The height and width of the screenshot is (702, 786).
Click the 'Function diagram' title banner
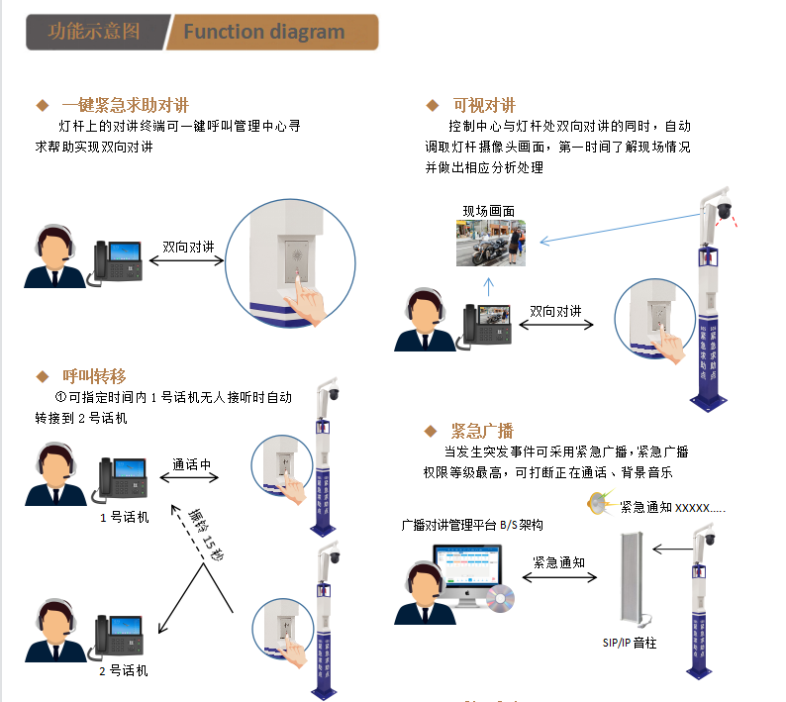pyautogui.click(x=265, y=32)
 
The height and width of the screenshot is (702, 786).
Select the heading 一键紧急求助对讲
pyautogui.click(x=125, y=105)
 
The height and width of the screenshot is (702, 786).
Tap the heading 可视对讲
pyautogui.click(x=484, y=105)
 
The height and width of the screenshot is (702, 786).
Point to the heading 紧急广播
pyautogui.click(x=482, y=431)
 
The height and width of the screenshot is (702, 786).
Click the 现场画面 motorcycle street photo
pyautogui.click(x=490, y=243)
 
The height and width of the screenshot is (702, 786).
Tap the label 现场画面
pyautogui.click(x=489, y=211)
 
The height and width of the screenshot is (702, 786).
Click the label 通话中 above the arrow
pyautogui.click(x=192, y=464)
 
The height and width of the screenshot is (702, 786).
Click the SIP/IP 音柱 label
pyautogui.click(x=630, y=643)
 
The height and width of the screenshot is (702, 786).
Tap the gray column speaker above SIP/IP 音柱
pyautogui.click(x=632, y=577)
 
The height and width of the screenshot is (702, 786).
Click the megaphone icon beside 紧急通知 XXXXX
pyautogui.click(x=597, y=504)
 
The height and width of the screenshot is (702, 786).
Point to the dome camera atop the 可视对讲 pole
pyautogui.click(x=724, y=210)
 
